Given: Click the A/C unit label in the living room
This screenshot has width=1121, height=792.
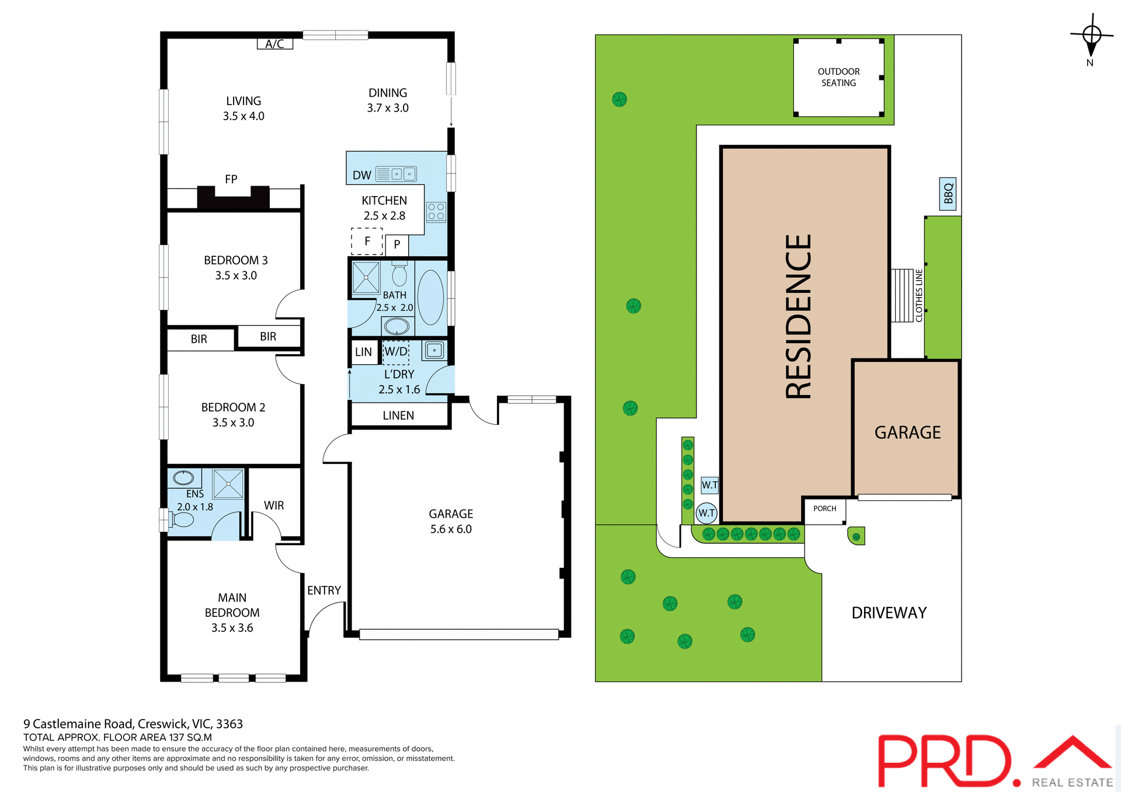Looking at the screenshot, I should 274,44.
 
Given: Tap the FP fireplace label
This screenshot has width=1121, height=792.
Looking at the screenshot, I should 231,179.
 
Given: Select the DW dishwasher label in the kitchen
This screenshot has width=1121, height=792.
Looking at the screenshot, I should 361,175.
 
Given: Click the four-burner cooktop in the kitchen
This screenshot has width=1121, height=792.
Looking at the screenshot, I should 436,212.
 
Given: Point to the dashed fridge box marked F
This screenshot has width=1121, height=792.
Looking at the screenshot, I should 367,241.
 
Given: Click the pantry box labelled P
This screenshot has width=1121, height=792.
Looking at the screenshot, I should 397,245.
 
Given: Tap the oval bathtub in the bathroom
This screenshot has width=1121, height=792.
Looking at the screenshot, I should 431,298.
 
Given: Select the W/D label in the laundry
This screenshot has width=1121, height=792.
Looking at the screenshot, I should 396,351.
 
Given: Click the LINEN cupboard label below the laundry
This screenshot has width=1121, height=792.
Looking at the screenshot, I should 398,416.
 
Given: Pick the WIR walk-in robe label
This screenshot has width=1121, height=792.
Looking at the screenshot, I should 274,505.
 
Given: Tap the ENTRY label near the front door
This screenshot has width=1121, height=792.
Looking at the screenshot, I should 324,591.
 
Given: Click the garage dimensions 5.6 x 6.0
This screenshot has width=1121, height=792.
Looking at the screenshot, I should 451,529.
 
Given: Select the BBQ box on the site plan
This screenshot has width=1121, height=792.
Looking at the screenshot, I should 948,194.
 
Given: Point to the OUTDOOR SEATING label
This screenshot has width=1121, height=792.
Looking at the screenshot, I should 838,77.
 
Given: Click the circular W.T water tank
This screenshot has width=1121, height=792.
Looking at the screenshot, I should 706,513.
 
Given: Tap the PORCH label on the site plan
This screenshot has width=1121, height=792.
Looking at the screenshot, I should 824,509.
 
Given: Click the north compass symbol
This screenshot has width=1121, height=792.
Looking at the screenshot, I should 1091,36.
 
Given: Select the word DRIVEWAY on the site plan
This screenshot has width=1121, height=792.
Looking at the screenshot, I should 889,613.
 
